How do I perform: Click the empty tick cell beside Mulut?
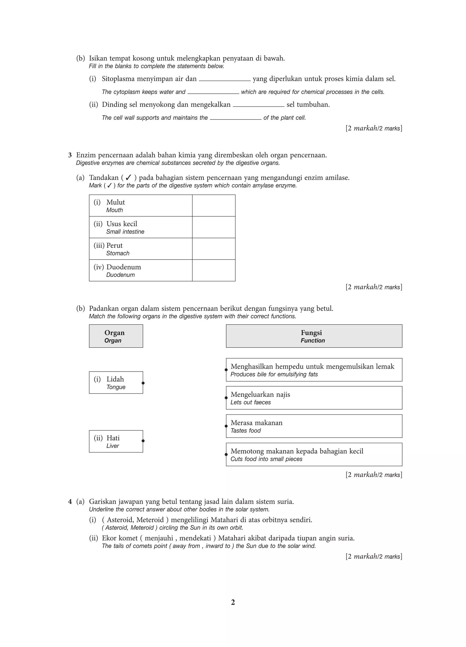[x=213, y=206]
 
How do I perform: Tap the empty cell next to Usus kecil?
[x=213, y=227]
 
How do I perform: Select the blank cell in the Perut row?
[x=213, y=249]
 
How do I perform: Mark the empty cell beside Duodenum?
[x=213, y=271]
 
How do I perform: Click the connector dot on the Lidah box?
[x=143, y=383]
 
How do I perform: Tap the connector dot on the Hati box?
[x=143, y=441]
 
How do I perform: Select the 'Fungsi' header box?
[x=314, y=336]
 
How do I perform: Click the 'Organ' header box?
[x=116, y=336]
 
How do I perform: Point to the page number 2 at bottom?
[x=233, y=602]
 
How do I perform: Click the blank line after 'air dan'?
[x=225, y=79]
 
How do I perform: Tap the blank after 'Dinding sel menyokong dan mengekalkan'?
[x=258, y=105]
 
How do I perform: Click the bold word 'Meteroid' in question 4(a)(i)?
[x=150, y=520]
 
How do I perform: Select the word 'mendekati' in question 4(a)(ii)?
[x=195, y=538]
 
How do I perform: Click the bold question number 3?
[x=70, y=155]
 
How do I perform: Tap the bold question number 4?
[x=70, y=501]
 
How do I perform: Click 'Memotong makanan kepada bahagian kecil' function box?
[x=314, y=454]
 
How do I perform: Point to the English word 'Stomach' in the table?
[x=118, y=253]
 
